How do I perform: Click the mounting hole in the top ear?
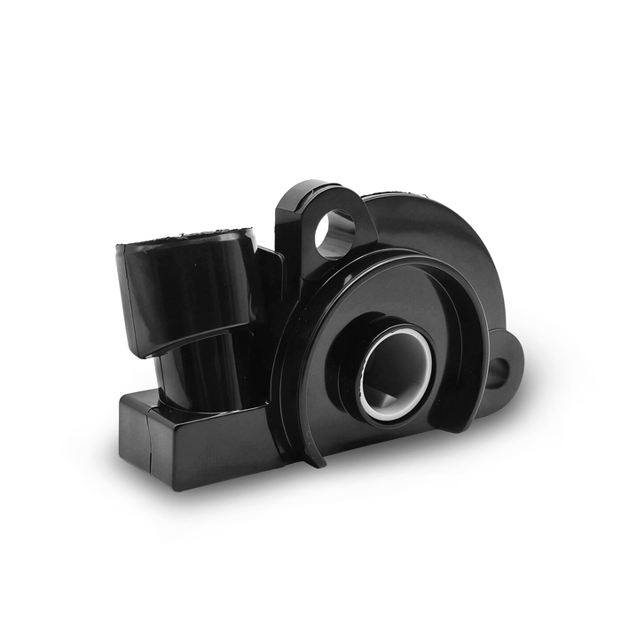335,232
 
